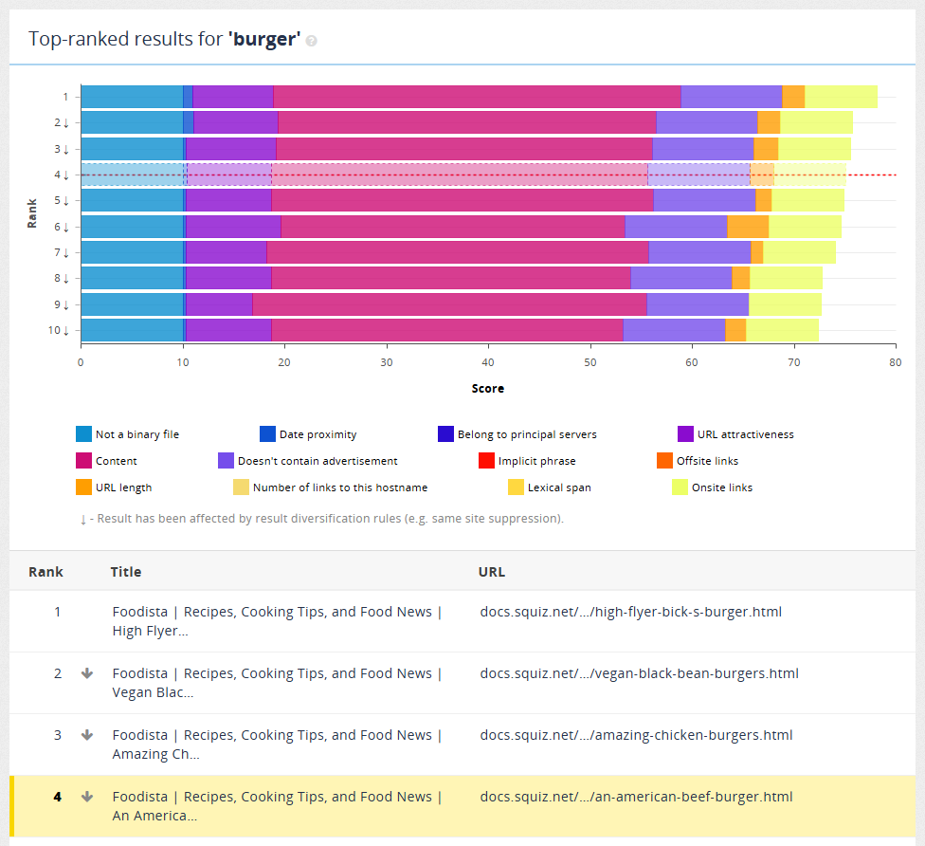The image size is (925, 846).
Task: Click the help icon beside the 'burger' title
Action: point(312,41)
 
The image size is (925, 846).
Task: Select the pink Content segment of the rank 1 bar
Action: point(477,96)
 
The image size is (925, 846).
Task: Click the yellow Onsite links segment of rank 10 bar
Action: point(782,330)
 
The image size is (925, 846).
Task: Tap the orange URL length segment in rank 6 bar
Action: point(748,227)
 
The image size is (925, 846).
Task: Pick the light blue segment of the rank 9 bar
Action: point(132,303)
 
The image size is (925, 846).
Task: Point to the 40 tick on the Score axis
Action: point(488,361)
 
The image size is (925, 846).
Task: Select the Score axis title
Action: point(488,389)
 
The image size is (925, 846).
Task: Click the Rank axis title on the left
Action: point(32,212)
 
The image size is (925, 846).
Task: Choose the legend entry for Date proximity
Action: point(317,434)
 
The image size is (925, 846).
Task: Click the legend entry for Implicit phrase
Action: point(536,461)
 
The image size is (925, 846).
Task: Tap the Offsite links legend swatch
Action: point(665,461)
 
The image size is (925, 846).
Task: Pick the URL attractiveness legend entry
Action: point(745,434)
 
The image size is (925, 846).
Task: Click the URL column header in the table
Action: point(492,572)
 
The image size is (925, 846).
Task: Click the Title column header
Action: point(125,572)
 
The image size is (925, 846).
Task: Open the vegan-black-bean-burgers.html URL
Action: point(639,673)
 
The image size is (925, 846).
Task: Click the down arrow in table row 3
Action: point(87,735)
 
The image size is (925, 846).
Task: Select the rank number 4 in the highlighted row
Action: point(57,797)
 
